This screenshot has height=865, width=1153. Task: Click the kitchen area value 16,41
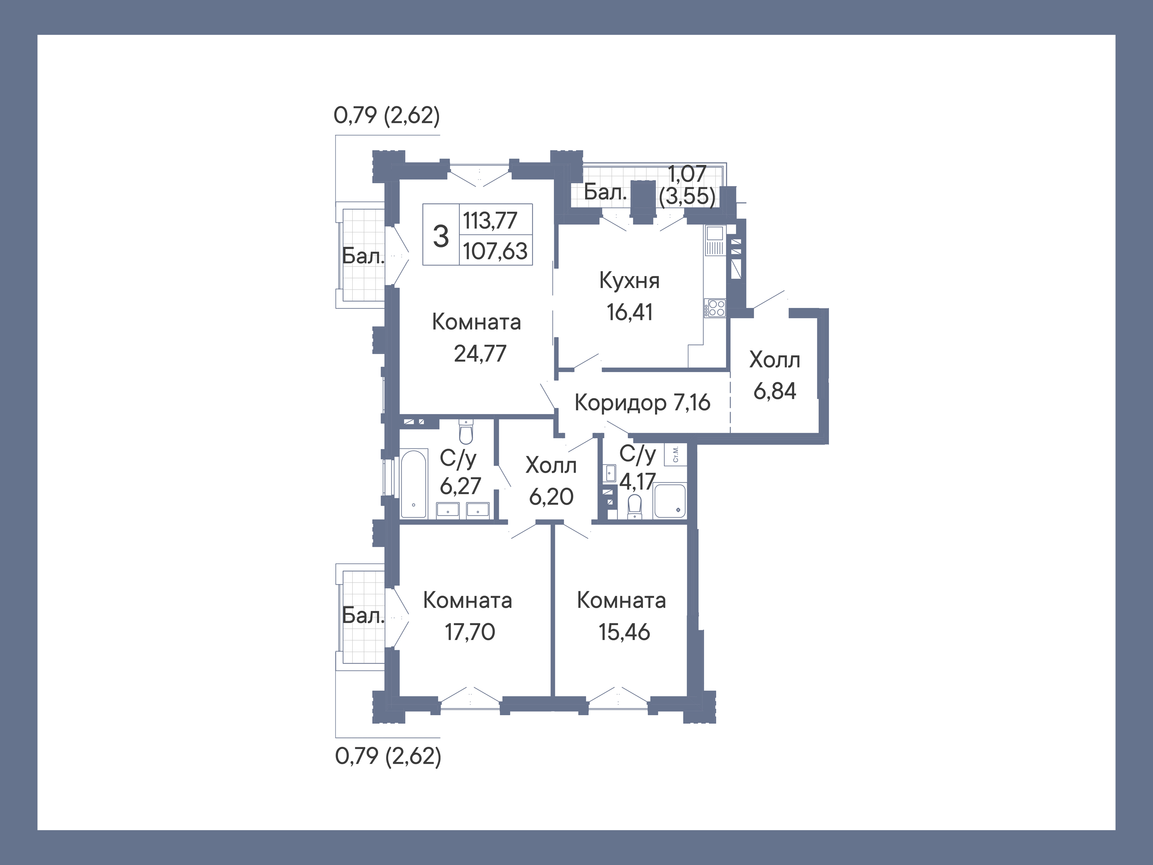[629, 312]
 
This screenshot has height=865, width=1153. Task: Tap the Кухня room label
[629, 281]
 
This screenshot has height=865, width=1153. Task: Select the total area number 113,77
[490, 220]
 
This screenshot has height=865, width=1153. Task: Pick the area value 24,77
[480, 354]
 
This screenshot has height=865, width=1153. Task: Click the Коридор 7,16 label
[642, 402]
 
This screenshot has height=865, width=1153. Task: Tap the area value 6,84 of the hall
[775, 391]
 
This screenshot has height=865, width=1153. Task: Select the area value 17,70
[470, 632]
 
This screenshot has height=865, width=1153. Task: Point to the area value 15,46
[624, 632]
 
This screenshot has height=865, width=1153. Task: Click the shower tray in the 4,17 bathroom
[670, 501]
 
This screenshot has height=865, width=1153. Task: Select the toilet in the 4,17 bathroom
[634, 506]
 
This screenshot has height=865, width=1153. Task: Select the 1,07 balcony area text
[687, 174]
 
